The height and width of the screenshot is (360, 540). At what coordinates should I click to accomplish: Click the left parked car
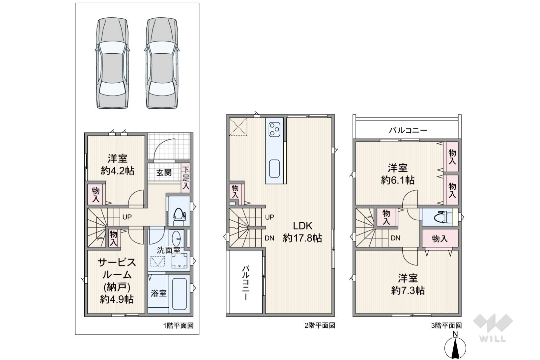(112, 63)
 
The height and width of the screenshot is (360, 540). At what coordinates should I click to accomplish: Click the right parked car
(162, 63)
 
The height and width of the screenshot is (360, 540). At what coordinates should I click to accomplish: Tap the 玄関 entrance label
(164, 173)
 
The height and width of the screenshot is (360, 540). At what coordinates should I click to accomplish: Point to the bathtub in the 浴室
(180, 294)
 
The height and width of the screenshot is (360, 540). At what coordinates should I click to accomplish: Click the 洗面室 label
(168, 250)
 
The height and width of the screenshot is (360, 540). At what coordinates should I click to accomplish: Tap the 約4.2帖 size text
(117, 171)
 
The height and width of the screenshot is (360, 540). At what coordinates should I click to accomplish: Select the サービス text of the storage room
(117, 263)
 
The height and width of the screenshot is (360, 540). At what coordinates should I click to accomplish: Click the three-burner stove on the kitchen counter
(274, 129)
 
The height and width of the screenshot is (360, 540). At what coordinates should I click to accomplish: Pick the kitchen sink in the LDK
(274, 169)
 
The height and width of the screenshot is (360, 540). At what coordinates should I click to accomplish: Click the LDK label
(302, 226)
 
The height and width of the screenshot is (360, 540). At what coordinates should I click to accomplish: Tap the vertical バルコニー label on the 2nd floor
(246, 283)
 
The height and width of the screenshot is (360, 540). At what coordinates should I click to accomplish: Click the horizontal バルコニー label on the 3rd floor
(408, 130)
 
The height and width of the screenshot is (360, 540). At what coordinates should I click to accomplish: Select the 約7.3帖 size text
(408, 291)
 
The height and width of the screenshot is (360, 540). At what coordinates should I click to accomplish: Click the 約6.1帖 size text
(398, 180)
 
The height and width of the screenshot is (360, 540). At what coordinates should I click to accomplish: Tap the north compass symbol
(455, 346)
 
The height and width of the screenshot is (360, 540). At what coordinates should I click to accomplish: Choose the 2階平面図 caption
(320, 325)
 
